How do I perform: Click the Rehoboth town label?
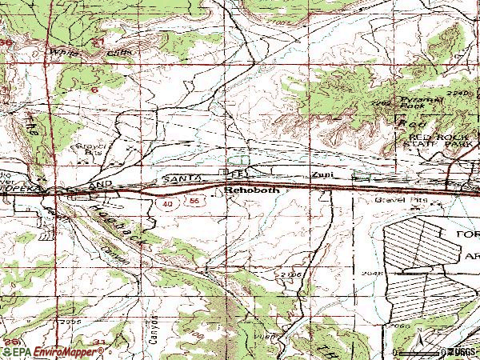(250, 191)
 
